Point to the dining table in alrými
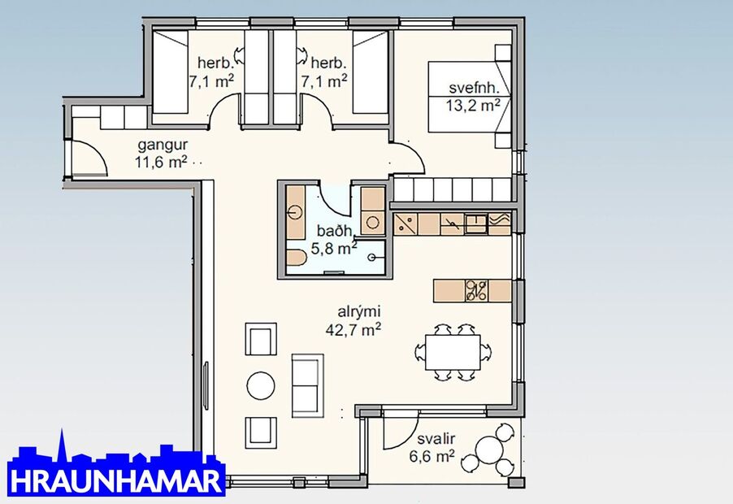click(453, 351)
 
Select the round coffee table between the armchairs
click(261, 385)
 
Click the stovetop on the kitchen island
click(476, 290)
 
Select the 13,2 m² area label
click(472, 104)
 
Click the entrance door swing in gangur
click(91, 156)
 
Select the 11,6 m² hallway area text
click(161, 161)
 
